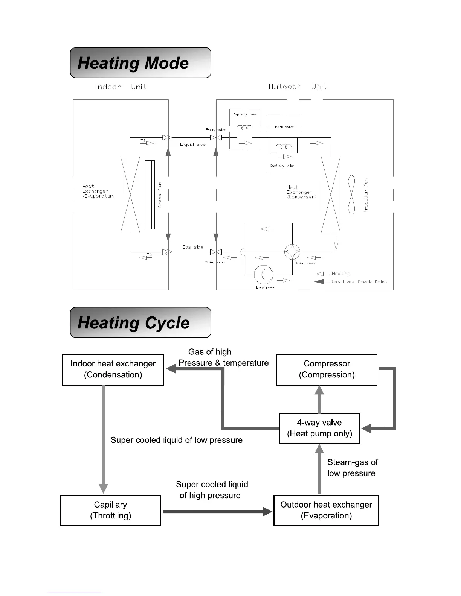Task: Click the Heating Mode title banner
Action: click(x=140, y=63)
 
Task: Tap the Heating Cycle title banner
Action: click(x=140, y=322)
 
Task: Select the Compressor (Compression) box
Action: click(x=327, y=369)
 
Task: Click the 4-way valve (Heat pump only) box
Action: click(x=319, y=429)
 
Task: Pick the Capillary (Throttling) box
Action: click(x=110, y=510)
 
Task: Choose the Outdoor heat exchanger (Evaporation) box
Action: click(x=326, y=510)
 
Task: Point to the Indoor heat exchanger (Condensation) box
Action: click(x=113, y=369)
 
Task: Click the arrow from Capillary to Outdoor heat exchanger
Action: click(x=217, y=511)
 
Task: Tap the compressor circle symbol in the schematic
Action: click(x=264, y=275)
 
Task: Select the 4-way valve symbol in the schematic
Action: click(x=292, y=251)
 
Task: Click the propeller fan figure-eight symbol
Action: click(x=351, y=195)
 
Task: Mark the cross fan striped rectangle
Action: click(x=150, y=195)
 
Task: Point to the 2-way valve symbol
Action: click(x=216, y=138)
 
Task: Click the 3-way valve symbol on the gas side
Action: click(x=216, y=252)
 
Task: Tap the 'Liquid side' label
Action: click(x=193, y=144)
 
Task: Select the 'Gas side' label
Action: click(x=193, y=247)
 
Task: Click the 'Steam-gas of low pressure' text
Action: click(x=352, y=468)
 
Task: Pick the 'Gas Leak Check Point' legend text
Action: click(x=359, y=282)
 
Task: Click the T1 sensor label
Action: click(x=143, y=141)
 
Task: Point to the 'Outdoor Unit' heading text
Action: click(x=298, y=87)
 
